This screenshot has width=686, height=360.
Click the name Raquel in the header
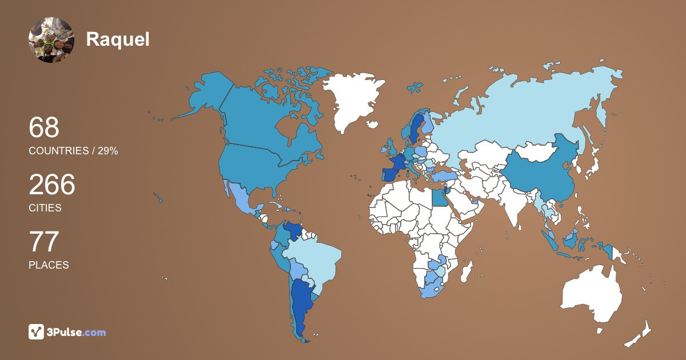[118, 39]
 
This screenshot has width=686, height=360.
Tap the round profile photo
[51, 39]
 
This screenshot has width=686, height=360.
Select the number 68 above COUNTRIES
[44, 127]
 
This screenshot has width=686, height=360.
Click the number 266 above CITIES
[52, 185]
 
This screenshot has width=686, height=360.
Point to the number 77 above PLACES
[44, 242]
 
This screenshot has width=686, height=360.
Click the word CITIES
[45, 208]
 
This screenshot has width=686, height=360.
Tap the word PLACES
[49, 265]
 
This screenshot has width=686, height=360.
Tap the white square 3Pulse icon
[37, 332]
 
